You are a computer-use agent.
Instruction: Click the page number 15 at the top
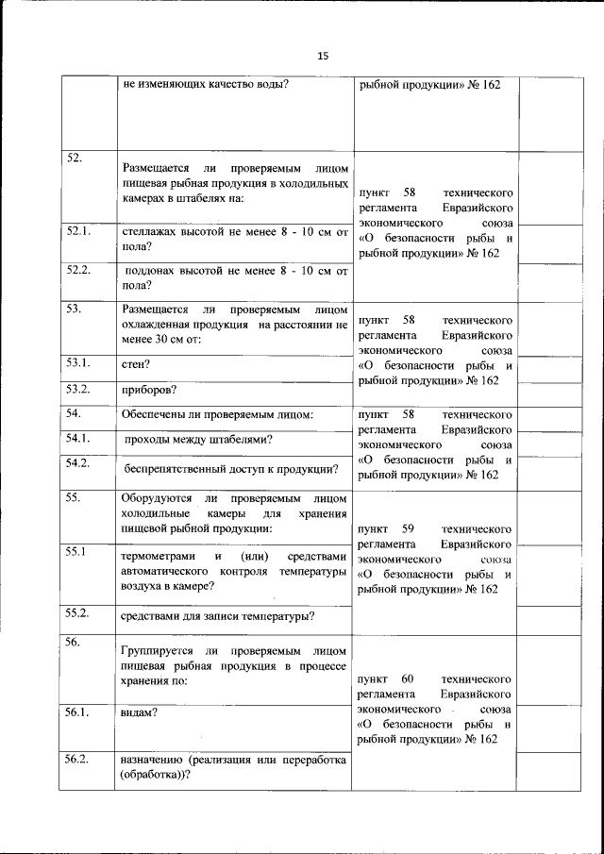click(x=322, y=57)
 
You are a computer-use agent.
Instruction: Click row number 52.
click(x=74, y=158)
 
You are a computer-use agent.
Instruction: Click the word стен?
click(x=137, y=363)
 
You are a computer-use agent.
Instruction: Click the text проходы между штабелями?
click(x=199, y=439)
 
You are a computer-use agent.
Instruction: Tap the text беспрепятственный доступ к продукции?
click(x=232, y=468)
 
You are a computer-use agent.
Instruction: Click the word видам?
click(x=140, y=713)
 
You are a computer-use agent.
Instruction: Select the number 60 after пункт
click(x=408, y=678)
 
